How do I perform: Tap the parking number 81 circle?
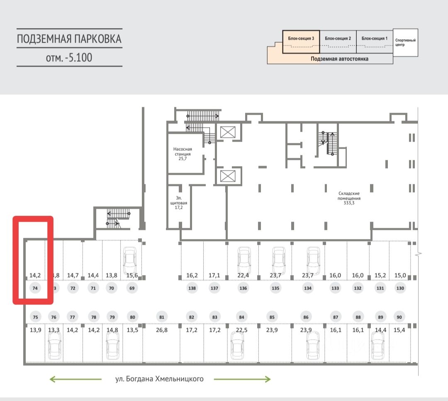162,317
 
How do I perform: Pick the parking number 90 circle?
399,317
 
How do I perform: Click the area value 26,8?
162,330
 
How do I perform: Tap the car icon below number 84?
237,347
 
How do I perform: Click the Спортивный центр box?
405,42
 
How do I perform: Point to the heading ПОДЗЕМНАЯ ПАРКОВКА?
69,39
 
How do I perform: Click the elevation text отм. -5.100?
69,58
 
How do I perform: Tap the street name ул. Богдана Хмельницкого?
160,379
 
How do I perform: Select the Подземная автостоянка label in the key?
340,59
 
